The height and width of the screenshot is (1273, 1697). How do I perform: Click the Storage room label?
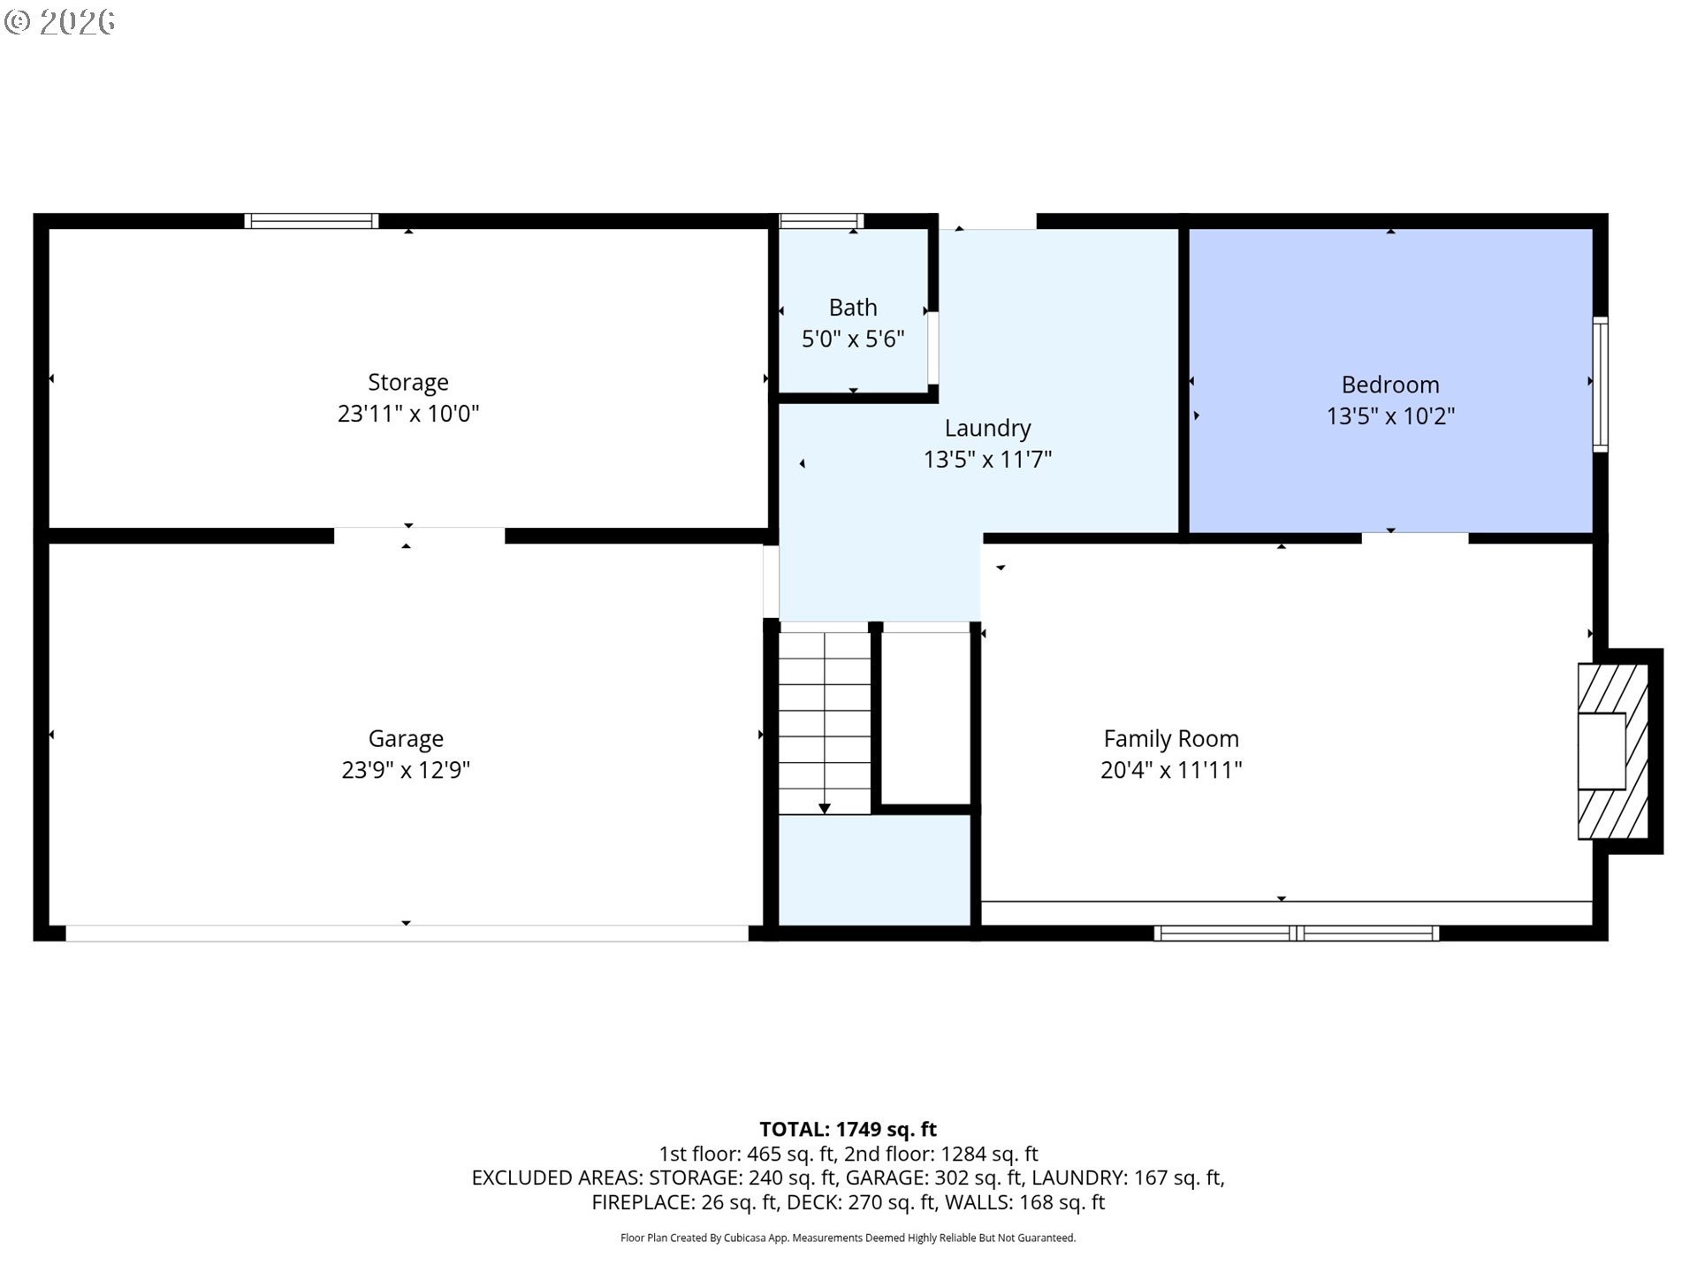tap(407, 382)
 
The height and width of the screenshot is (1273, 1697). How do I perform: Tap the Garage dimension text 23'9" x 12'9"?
tap(406, 769)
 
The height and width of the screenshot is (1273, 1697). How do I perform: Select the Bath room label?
tap(853, 307)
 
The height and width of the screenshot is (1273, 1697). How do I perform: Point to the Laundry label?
tap(987, 428)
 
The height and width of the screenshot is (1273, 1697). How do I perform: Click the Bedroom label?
tap(1390, 385)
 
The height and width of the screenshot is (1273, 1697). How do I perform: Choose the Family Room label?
tap(1171, 738)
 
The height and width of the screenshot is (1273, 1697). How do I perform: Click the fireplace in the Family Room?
tap(1613, 751)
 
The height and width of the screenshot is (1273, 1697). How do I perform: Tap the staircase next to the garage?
tap(824, 722)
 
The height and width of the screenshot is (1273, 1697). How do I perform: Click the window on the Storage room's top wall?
tap(311, 221)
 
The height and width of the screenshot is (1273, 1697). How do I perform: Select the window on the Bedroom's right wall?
tap(1600, 385)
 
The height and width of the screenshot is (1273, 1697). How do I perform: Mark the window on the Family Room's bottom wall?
tap(1296, 933)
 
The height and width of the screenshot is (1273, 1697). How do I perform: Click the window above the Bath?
tap(821, 221)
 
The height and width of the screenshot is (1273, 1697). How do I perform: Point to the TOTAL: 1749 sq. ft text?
tap(848, 1129)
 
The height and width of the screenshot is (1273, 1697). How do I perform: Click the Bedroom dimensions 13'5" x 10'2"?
tap(1390, 415)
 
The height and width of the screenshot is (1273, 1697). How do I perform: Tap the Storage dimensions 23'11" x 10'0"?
tap(407, 413)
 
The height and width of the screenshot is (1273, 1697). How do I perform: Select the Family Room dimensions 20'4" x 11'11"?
tap(1171, 769)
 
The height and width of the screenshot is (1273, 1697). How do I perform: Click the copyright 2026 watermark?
tap(59, 21)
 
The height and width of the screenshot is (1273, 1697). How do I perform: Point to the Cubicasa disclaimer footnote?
tap(848, 1238)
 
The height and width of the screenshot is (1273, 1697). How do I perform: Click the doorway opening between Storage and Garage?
tap(419, 536)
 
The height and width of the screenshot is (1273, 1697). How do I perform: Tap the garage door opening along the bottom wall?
tap(407, 933)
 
